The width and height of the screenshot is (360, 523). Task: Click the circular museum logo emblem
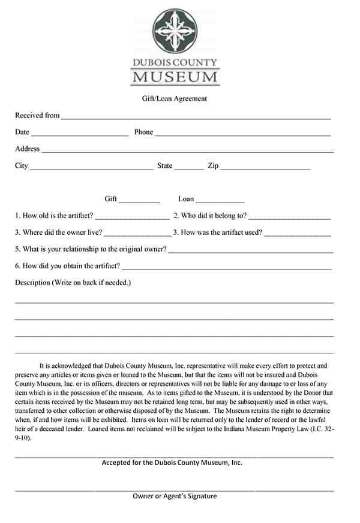tap(175, 31)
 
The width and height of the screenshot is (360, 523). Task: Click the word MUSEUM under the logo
tap(175, 77)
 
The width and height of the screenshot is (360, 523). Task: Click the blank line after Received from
tap(196, 117)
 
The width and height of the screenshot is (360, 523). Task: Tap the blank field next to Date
tap(79, 134)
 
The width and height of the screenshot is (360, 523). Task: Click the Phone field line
tap(243, 134)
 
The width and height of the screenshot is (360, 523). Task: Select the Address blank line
tap(187, 151)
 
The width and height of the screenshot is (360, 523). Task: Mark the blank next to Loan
tap(220, 201)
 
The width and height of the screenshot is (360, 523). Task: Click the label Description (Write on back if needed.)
tap(73, 282)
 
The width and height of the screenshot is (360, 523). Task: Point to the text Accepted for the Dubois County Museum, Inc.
tap(172, 462)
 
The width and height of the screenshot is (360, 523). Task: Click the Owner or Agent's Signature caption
tap(175, 496)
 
